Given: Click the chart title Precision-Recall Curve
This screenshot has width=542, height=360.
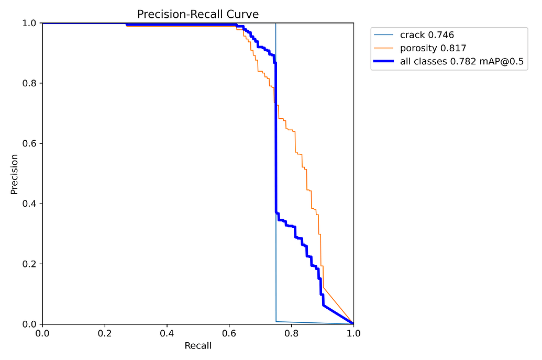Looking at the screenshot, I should coord(198,14).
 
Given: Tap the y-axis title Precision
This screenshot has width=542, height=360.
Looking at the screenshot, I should coord(15,174).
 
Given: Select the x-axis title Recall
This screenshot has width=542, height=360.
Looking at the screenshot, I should coord(198,346).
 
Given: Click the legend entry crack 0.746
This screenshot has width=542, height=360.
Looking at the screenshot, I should coord(427,35).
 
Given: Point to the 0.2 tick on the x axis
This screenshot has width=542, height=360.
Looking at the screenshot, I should coord(105,333).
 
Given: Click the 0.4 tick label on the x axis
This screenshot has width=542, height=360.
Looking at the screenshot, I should coord(167,333).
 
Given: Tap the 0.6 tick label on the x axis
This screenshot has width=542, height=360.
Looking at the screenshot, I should coord(229,333).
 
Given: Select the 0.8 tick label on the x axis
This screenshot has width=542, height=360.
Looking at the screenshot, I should coord(292,333).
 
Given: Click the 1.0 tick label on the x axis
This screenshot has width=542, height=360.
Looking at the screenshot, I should coord(353,333).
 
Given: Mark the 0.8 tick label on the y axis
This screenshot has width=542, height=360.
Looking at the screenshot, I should coord(29,83).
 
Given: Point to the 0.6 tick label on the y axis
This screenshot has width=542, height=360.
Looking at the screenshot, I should coord(29,143).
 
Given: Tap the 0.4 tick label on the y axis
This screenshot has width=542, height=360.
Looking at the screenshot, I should coord(29,204).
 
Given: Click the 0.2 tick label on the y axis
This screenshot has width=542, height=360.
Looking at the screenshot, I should coord(29,264).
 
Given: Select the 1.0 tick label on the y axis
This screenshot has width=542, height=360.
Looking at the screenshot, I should coord(29,23).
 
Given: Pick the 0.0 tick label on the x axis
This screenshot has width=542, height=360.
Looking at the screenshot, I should coord(42,333).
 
